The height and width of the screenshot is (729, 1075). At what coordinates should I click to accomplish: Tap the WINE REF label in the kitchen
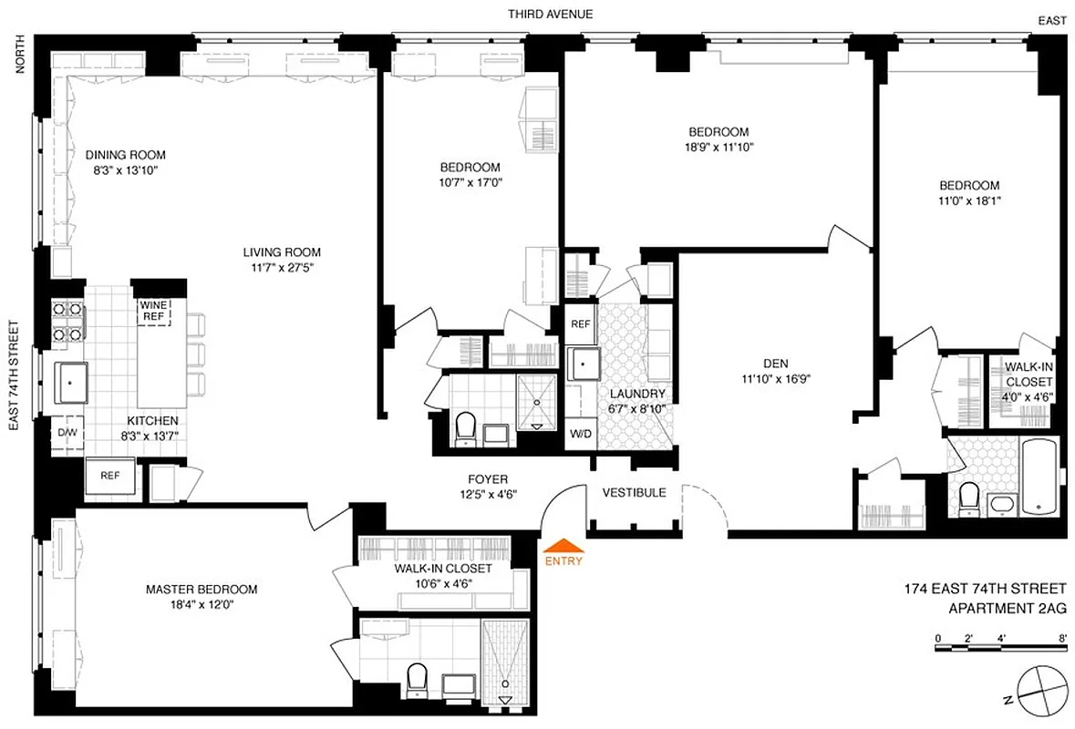tap(153, 311)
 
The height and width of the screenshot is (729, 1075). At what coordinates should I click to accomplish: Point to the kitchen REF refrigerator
tap(109, 475)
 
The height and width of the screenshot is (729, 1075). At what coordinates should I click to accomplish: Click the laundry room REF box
tap(580, 323)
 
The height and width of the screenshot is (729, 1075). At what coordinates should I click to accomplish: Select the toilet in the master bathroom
tap(418, 678)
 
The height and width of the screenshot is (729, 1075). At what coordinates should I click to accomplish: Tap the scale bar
tap(1000, 648)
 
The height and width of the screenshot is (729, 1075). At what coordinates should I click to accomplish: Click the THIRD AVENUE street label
tap(551, 14)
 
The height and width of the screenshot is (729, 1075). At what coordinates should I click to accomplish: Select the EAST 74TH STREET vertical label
tap(14, 379)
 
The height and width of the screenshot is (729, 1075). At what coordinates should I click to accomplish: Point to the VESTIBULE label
tap(634, 492)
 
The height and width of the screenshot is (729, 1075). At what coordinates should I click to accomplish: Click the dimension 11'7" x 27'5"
tap(282, 268)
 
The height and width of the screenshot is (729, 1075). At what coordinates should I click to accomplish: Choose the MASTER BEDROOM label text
tap(202, 590)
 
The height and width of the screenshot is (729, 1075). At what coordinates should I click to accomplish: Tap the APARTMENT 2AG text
tap(1008, 609)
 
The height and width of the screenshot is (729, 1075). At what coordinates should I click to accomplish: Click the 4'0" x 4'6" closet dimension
tap(1029, 396)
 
